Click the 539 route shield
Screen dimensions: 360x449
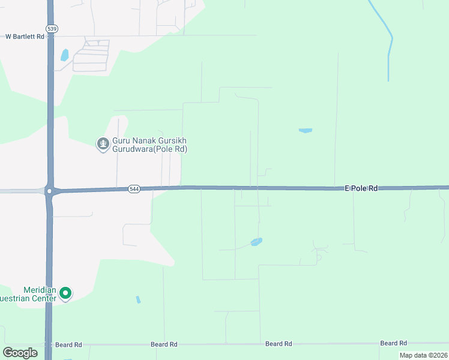pos(51,28)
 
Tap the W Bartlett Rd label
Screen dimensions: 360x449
pos(25,37)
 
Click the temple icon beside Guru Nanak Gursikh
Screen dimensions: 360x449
pos(103,143)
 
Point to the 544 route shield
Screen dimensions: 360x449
pos(134,189)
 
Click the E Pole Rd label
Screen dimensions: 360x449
pos(361,188)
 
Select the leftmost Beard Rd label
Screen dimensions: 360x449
pos(68,345)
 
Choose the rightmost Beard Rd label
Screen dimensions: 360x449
pos(393,343)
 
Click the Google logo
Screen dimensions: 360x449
pos(20,353)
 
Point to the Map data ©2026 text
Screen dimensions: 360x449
pos(423,355)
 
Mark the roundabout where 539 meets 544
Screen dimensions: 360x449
pos(50,191)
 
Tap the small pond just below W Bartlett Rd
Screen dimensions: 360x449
pos(64,55)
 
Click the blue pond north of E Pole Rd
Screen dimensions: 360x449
pos(306,130)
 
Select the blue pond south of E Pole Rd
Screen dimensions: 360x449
pos(256,242)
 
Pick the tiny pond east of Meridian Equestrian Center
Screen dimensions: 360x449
pos(138,299)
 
